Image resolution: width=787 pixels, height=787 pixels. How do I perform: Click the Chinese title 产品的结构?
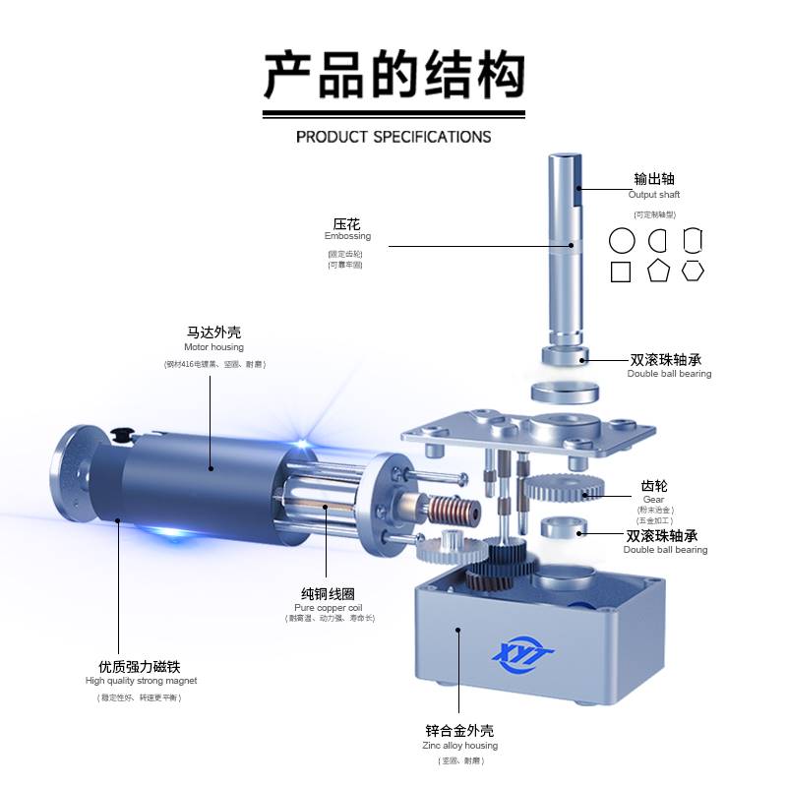coord(393,75)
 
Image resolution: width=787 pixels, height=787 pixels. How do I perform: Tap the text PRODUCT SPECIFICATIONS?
coord(393,137)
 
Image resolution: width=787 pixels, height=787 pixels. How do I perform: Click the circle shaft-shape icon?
coord(622,241)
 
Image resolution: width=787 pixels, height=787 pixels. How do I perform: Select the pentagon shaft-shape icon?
coord(658,272)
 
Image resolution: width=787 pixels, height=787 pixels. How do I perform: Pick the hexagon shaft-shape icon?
coord(694,271)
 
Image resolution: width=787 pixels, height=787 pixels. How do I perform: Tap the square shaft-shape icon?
coord(621,272)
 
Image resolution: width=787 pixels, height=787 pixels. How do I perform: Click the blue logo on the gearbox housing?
coord(523,656)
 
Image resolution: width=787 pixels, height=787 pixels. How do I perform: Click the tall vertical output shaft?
coord(565,246)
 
